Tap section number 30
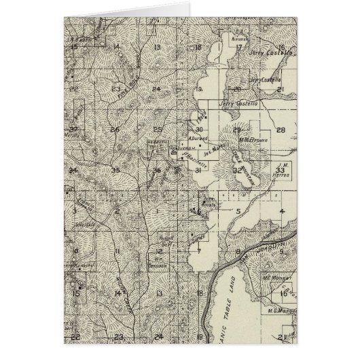click(199, 129)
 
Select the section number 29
click(237, 129)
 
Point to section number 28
click(281, 129)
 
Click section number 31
click(198, 170)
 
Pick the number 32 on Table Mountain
click(237, 170)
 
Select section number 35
click(116, 170)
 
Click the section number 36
click(158, 170)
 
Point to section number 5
click(238, 211)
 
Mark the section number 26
click(116, 129)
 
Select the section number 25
click(158, 129)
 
